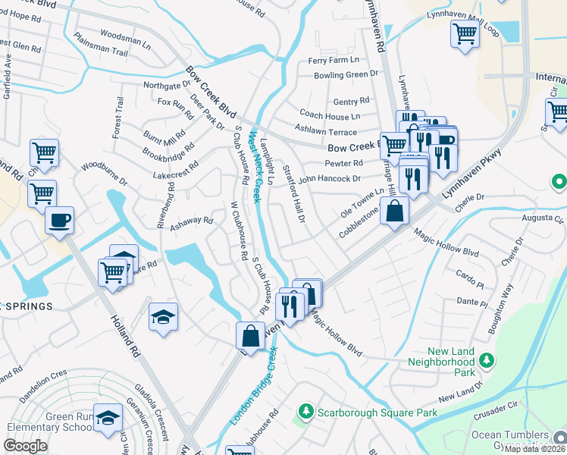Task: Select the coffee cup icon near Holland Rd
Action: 59,221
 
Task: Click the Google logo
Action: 25,446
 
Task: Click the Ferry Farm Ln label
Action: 334,60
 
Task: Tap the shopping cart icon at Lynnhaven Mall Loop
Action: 464,33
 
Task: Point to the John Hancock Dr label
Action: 330,180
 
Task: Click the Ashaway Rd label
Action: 191,221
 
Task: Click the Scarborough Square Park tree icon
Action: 305,411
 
